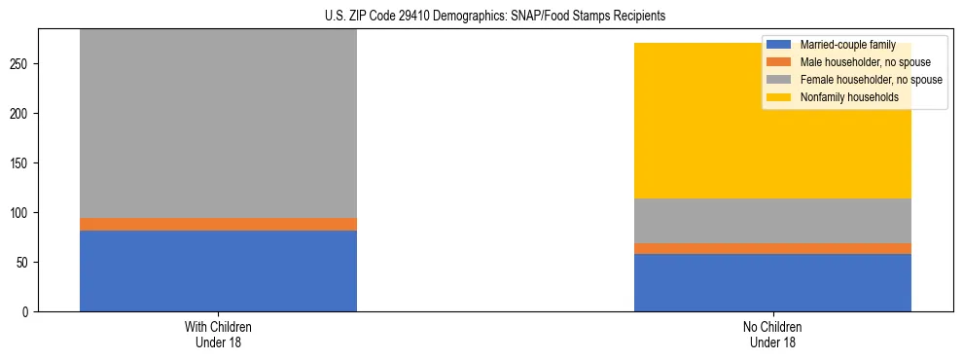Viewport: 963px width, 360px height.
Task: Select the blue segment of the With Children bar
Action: tap(218, 270)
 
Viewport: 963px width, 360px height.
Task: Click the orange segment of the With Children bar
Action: tap(218, 224)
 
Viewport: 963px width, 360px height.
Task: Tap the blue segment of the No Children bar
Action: tap(772, 282)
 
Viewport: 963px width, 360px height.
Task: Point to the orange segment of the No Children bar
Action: tap(772, 248)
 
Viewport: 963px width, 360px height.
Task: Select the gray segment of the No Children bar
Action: tap(772, 221)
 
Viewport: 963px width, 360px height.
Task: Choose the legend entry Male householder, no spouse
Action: tap(855, 62)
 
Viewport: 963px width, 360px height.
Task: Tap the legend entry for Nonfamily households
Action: tap(842, 97)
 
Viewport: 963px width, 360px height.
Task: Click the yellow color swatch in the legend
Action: tap(779, 97)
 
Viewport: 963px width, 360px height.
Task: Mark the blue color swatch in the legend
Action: tap(779, 45)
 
